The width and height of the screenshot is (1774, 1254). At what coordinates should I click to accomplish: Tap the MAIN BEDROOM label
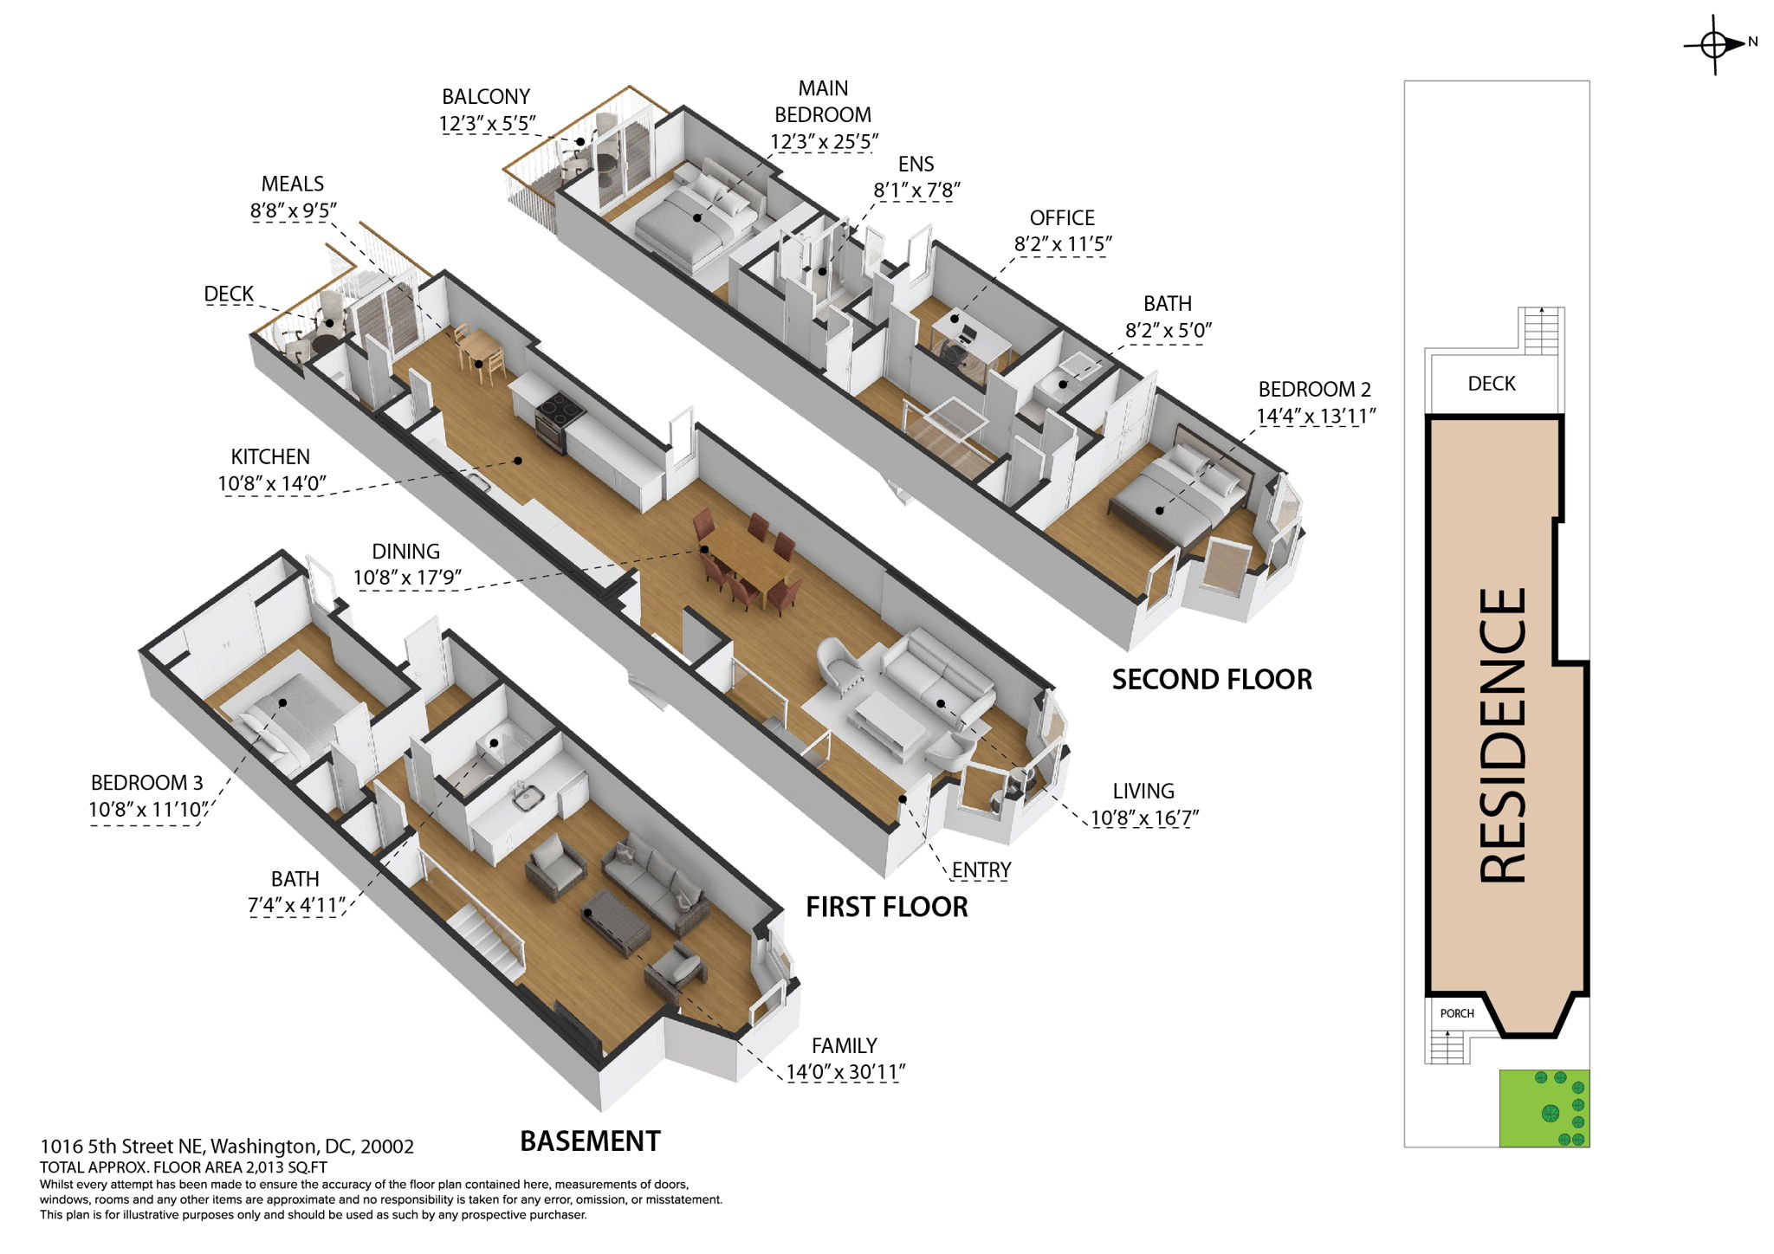(x=823, y=101)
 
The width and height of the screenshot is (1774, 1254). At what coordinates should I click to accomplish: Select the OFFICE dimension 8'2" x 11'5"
(x=1063, y=244)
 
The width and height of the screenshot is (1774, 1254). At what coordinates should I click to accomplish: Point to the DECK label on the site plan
(x=1492, y=384)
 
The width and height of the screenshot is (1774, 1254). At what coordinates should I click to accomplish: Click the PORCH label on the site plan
(x=1457, y=1013)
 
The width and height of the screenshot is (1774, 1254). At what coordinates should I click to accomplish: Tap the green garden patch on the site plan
(x=1544, y=1109)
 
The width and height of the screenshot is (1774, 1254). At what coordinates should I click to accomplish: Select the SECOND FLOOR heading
(x=1212, y=680)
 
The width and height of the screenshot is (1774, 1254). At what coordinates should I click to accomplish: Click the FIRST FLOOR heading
(x=887, y=907)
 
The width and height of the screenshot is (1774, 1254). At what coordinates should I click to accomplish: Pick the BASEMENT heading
(x=590, y=1141)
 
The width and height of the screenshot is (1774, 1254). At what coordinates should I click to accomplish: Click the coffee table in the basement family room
(x=616, y=921)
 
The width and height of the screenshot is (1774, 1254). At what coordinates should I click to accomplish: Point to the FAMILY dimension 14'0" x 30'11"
(x=845, y=1072)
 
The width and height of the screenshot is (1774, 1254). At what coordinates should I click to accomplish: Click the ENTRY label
(x=981, y=869)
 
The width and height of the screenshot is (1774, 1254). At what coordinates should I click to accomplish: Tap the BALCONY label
(x=485, y=96)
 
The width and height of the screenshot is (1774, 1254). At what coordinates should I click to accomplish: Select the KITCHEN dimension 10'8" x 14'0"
(x=271, y=483)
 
